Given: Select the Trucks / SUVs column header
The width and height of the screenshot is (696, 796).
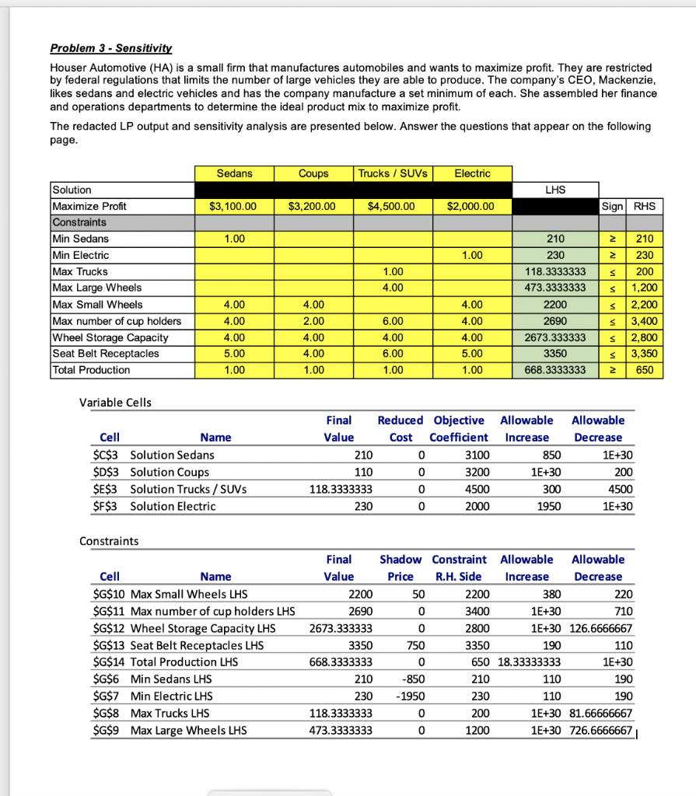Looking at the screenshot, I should point(393,173).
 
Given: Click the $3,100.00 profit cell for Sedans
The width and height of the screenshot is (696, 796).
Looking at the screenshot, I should point(234,207).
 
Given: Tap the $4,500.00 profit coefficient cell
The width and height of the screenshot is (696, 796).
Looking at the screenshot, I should point(393,207).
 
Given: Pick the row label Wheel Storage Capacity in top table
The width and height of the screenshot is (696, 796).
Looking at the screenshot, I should point(110,337).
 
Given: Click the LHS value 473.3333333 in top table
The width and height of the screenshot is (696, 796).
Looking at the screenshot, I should point(556,288).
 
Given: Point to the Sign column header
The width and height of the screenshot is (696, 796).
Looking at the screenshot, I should point(612,207).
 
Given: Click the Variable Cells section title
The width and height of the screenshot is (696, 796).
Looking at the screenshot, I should point(116,402).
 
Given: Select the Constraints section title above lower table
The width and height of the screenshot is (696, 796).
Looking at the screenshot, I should point(109,540).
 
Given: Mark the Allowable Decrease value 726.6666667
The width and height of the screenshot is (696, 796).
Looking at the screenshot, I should point(601,731).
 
